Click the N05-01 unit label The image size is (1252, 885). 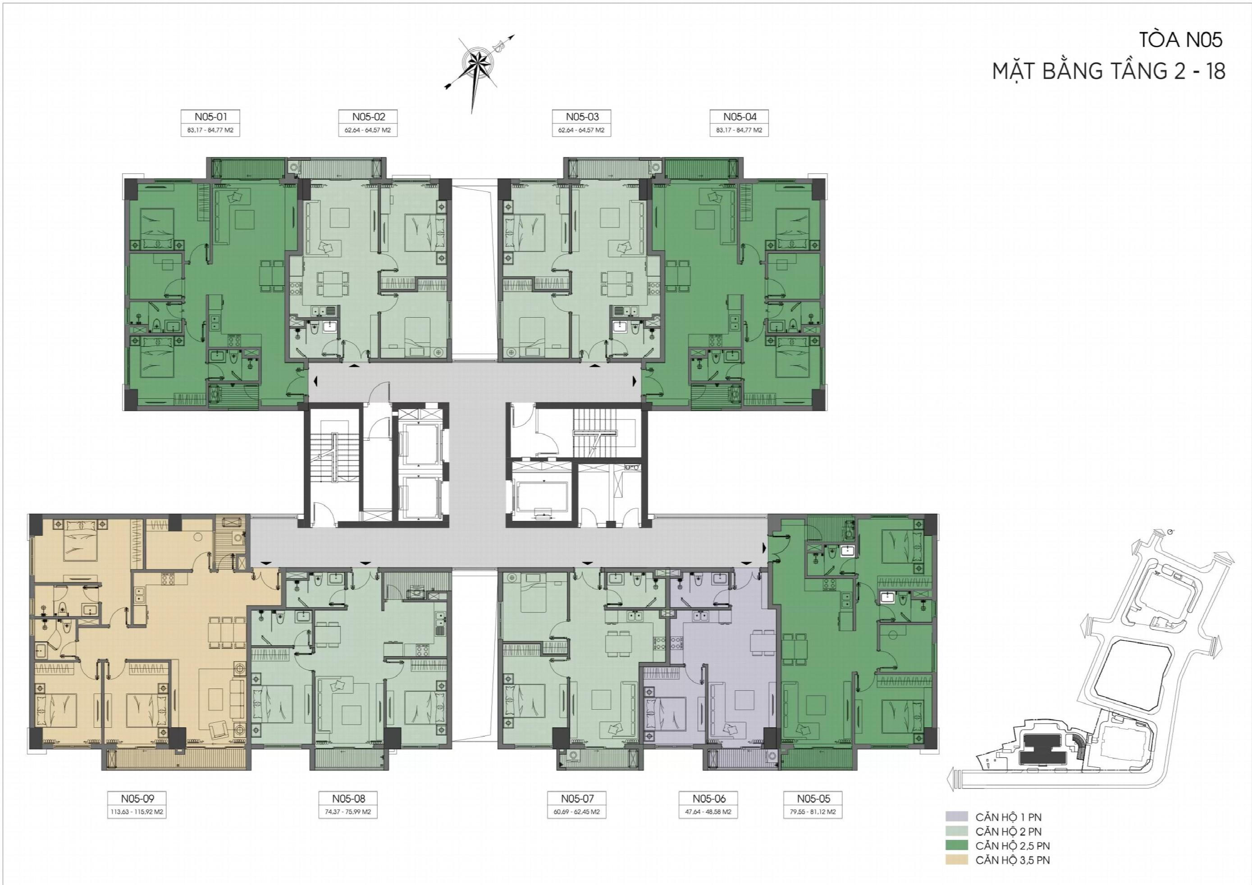click(x=210, y=117)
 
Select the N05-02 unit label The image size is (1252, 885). click(x=369, y=117)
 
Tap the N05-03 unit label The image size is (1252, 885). click(x=582, y=117)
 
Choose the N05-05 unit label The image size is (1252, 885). click(x=813, y=799)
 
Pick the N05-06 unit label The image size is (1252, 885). click(x=709, y=799)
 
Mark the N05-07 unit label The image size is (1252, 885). click(x=577, y=799)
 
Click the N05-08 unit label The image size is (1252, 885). click(x=348, y=799)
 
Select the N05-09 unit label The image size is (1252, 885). click(x=137, y=799)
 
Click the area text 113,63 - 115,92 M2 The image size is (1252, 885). click(x=137, y=812)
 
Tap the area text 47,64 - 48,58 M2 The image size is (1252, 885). click(x=709, y=812)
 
